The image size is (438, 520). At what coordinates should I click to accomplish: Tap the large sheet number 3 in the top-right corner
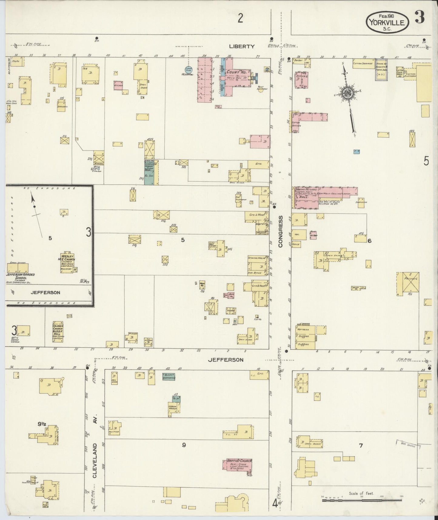point(420,18)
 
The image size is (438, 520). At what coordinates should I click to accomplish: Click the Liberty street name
point(242,46)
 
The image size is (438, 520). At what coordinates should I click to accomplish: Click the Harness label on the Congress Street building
point(303,329)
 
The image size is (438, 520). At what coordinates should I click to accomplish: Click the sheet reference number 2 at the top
point(240,19)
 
